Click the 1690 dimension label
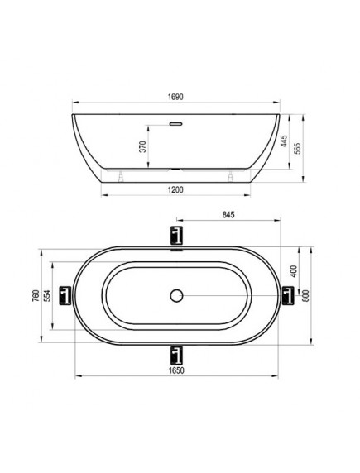coord(175,97)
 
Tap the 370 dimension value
coord(143,146)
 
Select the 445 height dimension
coord(284,141)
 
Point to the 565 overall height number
coord(298,148)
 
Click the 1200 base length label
coord(175,189)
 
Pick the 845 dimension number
coord(228,215)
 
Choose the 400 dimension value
coord(294,271)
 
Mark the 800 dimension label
coord(305,296)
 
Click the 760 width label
coord(36,296)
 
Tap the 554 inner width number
coord(47,296)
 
